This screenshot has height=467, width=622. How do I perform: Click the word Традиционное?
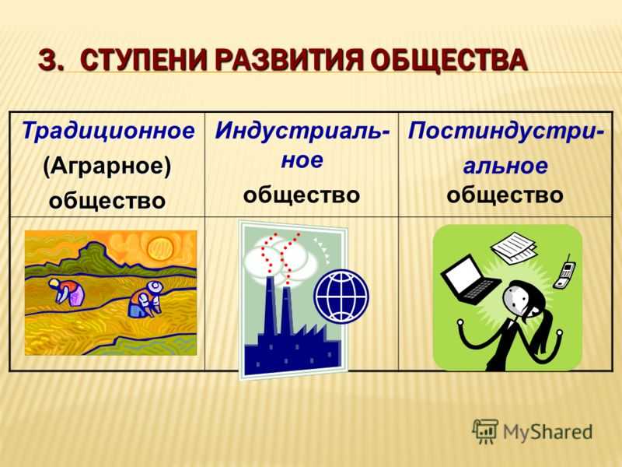(x=108, y=131)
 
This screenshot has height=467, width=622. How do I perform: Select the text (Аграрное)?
(x=107, y=166)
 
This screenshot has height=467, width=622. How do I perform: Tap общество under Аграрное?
(x=107, y=200)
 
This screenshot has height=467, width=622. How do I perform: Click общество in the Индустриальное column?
(x=302, y=195)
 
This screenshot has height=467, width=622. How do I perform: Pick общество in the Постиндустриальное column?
(x=505, y=195)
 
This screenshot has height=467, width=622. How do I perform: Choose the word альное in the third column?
(x=505, y=165)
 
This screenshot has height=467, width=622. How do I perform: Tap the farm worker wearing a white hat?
(x=145, y=299)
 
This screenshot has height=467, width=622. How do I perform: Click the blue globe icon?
(x=341, y=297)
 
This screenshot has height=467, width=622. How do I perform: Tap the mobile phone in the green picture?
(x=565, y=272)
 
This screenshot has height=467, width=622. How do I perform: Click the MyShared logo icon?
(x=485, y=431)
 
